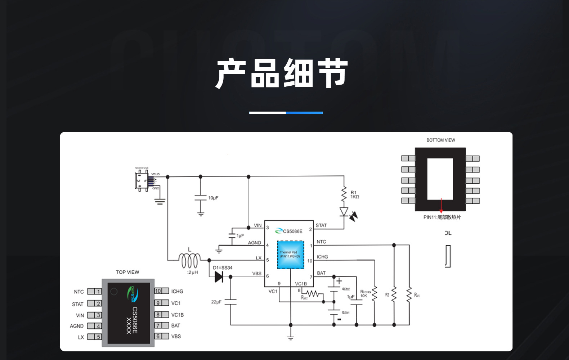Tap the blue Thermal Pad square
[291, 255]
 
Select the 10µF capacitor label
[213, 198]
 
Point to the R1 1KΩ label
[355, 195]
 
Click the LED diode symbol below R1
[344, 212]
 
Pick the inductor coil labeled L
[190, 260]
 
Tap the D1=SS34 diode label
[223, 268]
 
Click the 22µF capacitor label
[216, 302]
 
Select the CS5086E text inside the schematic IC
[292, 231]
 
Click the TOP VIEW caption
[127, 272]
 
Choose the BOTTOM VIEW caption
[440, 140]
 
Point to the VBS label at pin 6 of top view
[176, 336]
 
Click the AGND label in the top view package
[77, 326]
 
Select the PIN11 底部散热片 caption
[442, 217]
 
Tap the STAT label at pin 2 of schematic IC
[321, 225]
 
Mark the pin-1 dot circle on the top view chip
[114, 292]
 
